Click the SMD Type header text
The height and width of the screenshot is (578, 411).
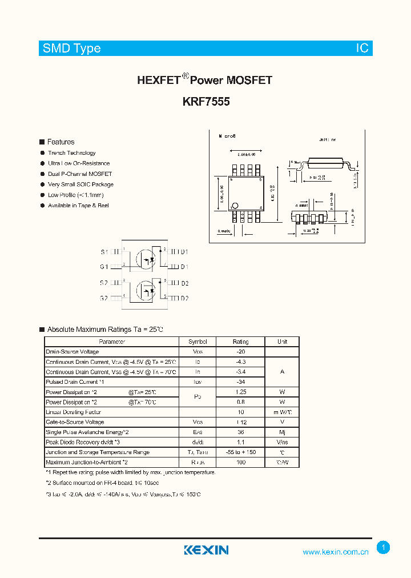click(71, 49)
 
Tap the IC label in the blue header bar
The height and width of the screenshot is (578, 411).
click(362, 49)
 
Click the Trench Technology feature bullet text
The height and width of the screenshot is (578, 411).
click(72, 153)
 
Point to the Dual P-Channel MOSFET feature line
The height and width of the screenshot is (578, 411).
click(80, 174)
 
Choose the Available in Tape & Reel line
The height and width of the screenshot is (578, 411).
click(78, 206)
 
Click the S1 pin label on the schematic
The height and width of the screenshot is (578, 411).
click(104, 252)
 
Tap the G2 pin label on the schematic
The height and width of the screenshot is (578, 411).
click(104, 298)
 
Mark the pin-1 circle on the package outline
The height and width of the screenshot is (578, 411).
click(235, 206)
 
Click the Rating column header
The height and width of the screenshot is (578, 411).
click(240, 342)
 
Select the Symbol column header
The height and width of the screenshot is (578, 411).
click(198, 342)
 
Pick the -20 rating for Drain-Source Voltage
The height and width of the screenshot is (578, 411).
click(240, 352)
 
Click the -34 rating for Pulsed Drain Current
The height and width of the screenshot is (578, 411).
click(240, 382)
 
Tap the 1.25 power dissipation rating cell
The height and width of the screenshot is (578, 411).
click(240, 392)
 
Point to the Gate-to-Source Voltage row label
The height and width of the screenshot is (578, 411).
click(75, 422)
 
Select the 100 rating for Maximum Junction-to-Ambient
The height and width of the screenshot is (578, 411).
click(240, 462)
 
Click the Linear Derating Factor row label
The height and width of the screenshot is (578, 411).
click(73, 412)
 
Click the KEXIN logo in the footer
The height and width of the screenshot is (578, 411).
click(206, 550)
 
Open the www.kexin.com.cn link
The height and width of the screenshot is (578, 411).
click(336, 552)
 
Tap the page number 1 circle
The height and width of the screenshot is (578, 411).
click(384, 548)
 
